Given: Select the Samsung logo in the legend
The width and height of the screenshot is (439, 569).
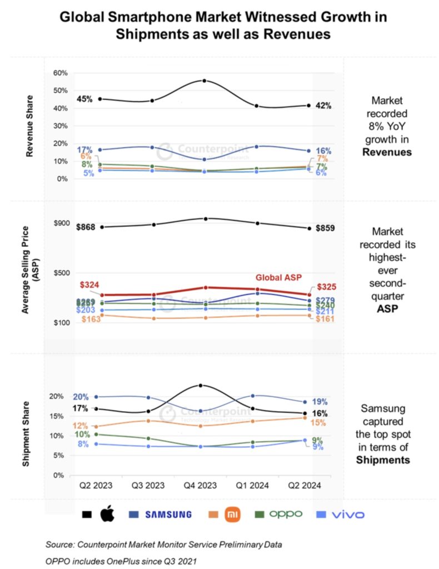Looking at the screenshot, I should [x=168, y=515].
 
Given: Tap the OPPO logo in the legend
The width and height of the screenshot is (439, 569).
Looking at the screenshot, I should [x=286, y=514].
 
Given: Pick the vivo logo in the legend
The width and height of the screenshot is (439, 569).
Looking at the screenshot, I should [x=348, y=515].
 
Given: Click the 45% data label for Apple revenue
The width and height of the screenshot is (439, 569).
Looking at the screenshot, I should [x=84, y=99].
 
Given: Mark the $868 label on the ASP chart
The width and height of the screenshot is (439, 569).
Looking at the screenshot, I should [x=86, y=227].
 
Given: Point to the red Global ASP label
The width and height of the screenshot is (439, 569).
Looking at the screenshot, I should [x=278, y=277].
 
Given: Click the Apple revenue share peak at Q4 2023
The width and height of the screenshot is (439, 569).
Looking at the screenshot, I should [x=204, y=81].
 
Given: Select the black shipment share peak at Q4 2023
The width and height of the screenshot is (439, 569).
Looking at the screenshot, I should [x=201, y=385].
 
